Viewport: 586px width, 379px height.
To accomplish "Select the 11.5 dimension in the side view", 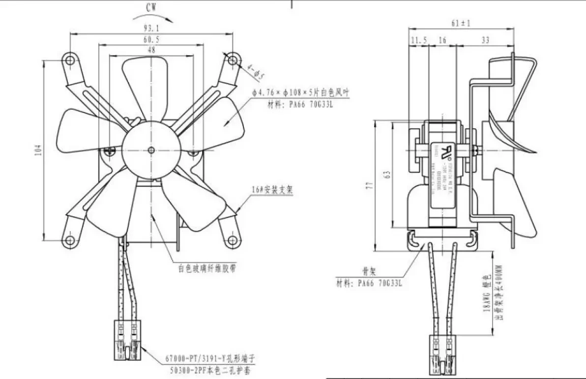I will [418, 41].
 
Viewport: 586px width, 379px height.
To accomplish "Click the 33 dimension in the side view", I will [485, 41].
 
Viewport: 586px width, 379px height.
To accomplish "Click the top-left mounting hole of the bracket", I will [71, 60].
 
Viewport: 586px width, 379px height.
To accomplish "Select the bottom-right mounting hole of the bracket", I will [231, 240].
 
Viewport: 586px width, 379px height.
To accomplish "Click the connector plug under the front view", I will [128, 339].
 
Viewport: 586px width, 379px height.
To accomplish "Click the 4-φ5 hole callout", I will [256, 72].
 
